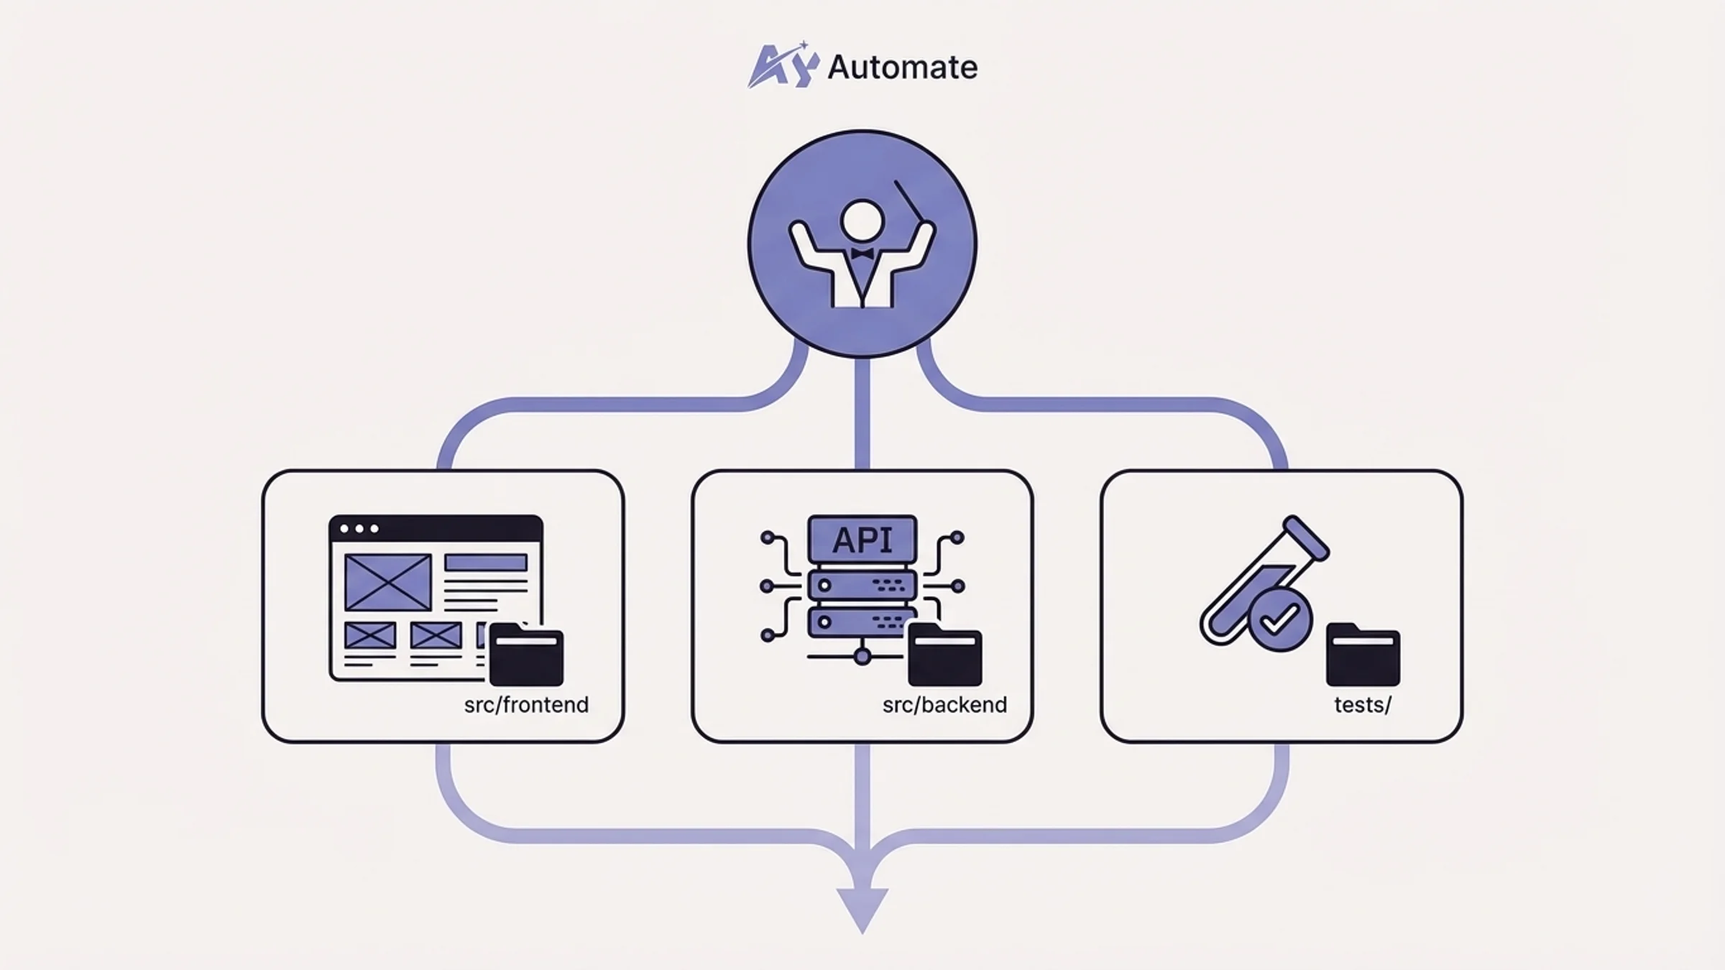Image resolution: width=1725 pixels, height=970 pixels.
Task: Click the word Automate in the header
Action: pyautogui.click(x=902, y=68)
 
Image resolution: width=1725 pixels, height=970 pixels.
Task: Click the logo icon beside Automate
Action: pyautogui.click(x=783, y=66)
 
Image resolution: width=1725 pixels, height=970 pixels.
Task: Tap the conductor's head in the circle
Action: pyautogui.click(x=862, y=220)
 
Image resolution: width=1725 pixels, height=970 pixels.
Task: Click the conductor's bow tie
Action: pyautogui.click(x=862, y=254)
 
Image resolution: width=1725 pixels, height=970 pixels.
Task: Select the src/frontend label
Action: pyautogui.click(x=526, y=705)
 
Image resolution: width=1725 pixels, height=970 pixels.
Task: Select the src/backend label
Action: pyautogui.click(x=944, y=705)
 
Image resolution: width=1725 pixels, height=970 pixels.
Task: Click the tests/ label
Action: pyautogui.click(x=1362, y=705)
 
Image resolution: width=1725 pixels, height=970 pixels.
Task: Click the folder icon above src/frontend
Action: pyautogui.click(x=526, y=655)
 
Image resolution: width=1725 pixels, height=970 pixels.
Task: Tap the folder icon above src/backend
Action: pyautogui.click(x=944, y=655)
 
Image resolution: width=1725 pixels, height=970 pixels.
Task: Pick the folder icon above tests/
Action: pyautogui.click(x=1363, y=655)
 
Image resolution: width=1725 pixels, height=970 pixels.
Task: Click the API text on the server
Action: pyautogui.click(x=862, y=540)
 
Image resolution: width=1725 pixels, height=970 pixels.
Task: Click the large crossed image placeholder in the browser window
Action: pyautogui.click(x=388, y=582)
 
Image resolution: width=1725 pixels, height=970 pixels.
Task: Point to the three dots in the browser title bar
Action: pyautogui.click(x=359, y=529)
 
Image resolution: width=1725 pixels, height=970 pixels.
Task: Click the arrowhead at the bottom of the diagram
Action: pyautogui.click(x=862, y=907)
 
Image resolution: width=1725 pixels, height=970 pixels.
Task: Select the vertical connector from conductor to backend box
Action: pyautogui.click(x=862, y=413)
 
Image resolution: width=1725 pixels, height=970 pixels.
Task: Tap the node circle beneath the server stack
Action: pyautogui.click(x=862, y=656)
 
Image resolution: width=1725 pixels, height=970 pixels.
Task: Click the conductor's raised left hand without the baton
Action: pyautogui.click(x=799, y=233)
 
